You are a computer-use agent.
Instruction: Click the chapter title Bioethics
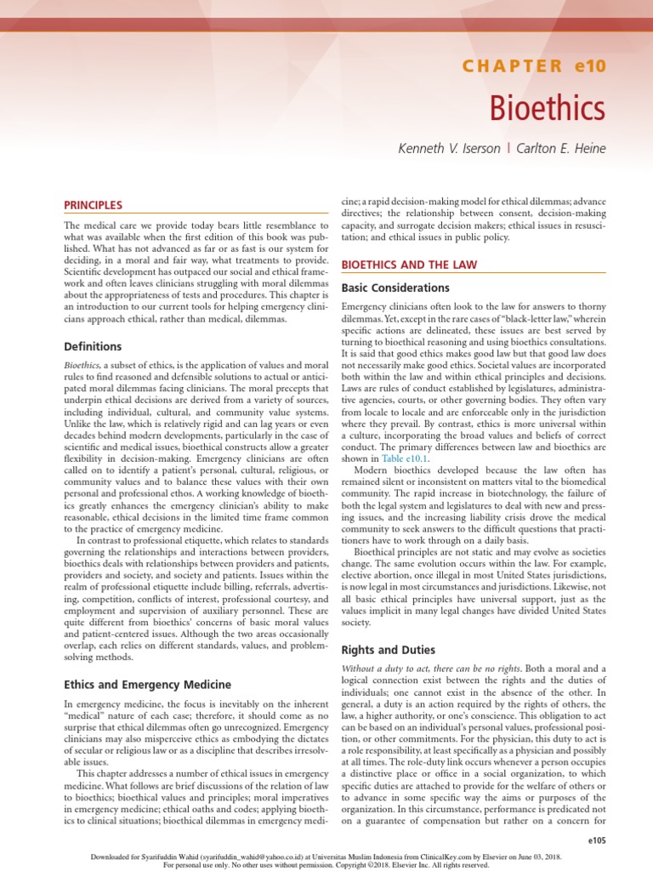pyautogui.click(x=548, y=108)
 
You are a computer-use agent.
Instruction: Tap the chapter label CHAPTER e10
pyautogui.click(x=534, y=66)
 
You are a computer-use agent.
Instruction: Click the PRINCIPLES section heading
pyautogui.click(x=94, y=205)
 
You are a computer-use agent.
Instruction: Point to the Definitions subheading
pyautogui.click(x=93, y=346)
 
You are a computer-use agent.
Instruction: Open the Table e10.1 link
pyautogui.click(x=405, y=458)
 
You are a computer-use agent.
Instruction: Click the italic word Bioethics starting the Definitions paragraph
pyautogui.click(x=82, y=364)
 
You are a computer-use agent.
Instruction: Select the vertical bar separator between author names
pyautogui.click(x=508, y=149)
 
